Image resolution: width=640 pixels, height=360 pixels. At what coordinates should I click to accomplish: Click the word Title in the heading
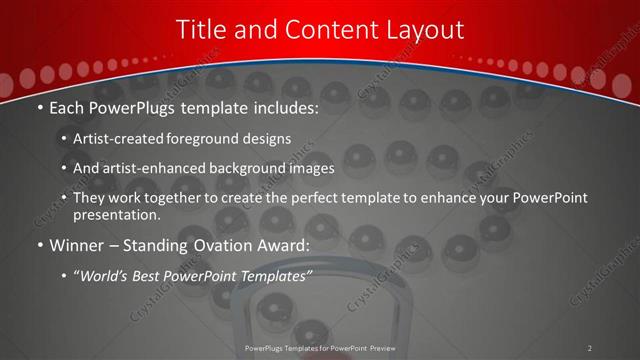pyautogui.click(x=200, y=30)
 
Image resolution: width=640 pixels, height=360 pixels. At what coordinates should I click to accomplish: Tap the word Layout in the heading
pyautogui.click(x=426, y=30)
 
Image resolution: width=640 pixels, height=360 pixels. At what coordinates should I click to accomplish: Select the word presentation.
pyautogui.click(x=117, y=215)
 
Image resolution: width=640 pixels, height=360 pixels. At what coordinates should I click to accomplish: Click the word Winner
pyautogui.click(x=77, y=245)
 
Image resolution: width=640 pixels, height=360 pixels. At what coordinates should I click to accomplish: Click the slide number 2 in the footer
pyautogui.click(x=590, y=348)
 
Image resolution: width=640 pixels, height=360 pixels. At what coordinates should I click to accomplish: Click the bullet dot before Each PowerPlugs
pyautogui.click(x=40, y=108)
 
